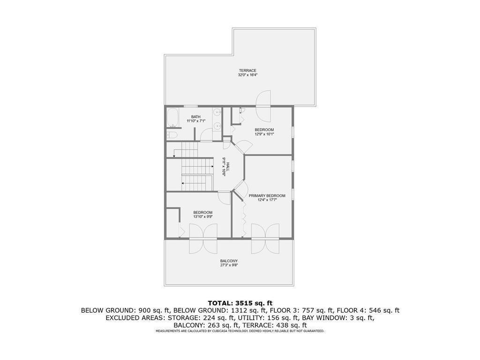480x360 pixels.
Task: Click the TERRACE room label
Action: coord(247,70)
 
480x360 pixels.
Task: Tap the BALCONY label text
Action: coord(229,261)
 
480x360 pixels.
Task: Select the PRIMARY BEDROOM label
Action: coord(267,195)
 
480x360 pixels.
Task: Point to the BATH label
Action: coord(196,117)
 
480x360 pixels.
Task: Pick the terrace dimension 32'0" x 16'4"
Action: coord(247,75)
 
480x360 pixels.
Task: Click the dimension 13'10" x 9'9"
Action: coord(202,217)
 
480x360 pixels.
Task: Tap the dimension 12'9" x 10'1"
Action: coord(264,134)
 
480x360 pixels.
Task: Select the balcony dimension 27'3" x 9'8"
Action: coord(229,265)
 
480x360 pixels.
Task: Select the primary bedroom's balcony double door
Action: coord(265,239)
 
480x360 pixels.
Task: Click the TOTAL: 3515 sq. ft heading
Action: coord(240,303)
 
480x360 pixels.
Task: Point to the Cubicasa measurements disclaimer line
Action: coord(240,331)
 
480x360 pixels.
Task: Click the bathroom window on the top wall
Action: coord(190,106)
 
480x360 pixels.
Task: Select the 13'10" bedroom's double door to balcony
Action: coord(203,239)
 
